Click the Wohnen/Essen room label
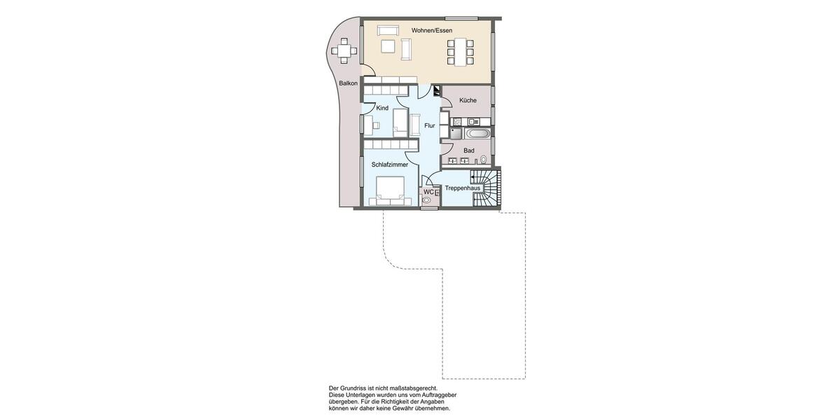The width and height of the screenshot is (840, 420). click(432, 30)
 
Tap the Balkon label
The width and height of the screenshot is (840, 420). click(348, 83)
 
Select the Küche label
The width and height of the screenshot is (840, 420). click(468, 101)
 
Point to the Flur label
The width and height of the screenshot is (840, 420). click(429, 126)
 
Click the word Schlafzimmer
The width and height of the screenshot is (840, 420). click(390, 164)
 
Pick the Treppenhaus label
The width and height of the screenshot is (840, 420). click(463, 188)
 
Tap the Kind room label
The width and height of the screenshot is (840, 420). click(382, 108)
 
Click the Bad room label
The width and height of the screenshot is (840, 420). click(469, 150)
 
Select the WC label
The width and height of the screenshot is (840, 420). click(428, 192)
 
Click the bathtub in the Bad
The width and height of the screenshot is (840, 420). click(479, 133)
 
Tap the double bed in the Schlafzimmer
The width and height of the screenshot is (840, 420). click(390, 190)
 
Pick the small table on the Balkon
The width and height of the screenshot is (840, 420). click(343, 50)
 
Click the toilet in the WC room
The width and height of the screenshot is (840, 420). click(426, 200)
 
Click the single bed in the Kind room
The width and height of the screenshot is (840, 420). click(400, 120)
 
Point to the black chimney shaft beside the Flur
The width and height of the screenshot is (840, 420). click(436, 90)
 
